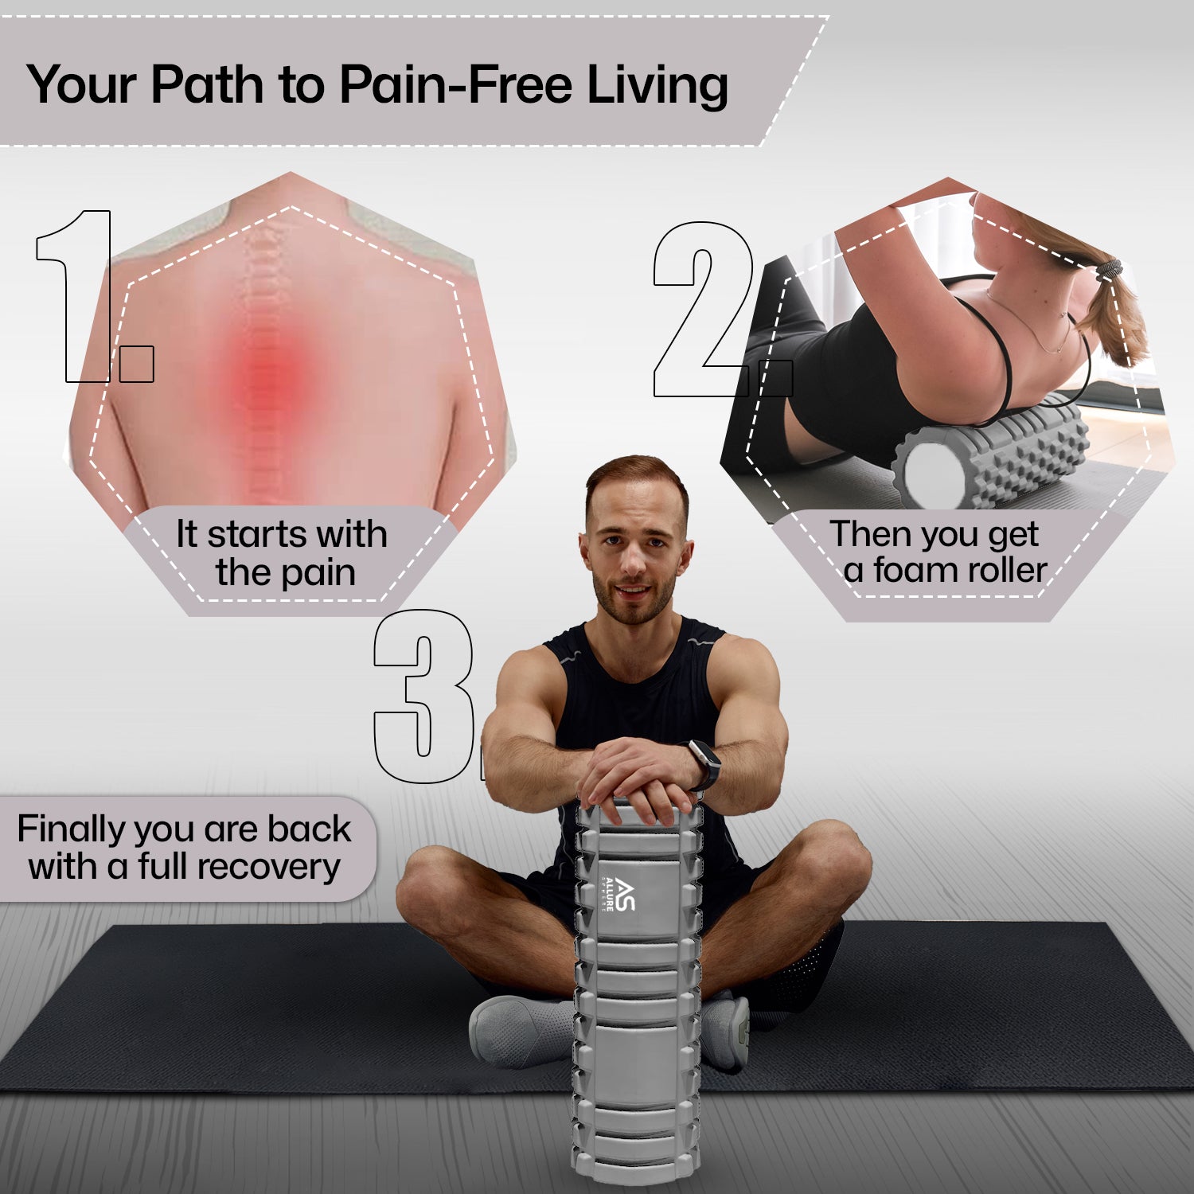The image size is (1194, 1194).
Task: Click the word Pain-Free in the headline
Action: pos(458,84)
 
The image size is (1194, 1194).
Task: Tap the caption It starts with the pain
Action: pos(282,553)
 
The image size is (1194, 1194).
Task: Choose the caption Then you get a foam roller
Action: pos(939,552)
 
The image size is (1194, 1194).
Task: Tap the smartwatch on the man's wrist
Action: pos(702,764)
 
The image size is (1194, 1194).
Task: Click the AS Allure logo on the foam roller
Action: pos(618,895)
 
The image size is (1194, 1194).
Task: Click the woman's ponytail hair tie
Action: pos(1109,271)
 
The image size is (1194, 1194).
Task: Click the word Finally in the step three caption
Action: pos(72,829)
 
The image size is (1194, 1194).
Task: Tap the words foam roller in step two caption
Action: pos(960,570)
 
